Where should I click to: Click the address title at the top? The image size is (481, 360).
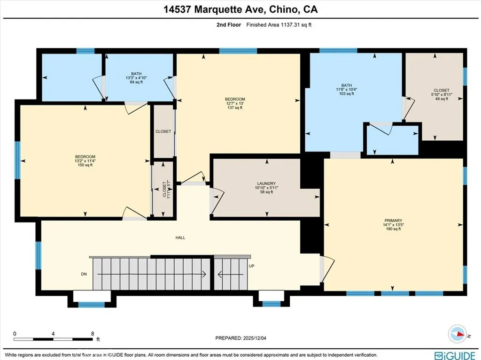coord(240,9)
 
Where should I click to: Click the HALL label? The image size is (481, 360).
coord(180,237)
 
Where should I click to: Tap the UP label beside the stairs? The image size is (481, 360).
coord(252,266)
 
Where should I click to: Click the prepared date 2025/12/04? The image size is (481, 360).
coord(243,337)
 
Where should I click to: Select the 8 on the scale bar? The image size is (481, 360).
coord(93,334)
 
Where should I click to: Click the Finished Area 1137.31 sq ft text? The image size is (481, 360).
coord(279,25)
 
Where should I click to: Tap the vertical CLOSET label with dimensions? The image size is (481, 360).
coord(164,190)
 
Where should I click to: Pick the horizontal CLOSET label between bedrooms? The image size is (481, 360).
coord(163,131)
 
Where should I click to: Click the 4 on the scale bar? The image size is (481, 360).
coord(54,334)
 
